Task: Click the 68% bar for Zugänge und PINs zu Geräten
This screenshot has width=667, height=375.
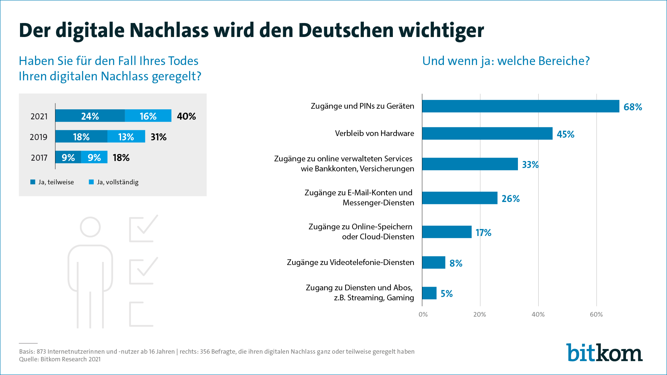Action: coord(520,106)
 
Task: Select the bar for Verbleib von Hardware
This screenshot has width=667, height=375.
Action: coord(487,133)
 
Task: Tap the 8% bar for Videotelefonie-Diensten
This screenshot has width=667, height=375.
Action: coord(434,262)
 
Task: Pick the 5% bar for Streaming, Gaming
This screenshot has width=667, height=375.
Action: coord(429,293)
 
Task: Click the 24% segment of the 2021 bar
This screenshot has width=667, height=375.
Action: coord(90,116)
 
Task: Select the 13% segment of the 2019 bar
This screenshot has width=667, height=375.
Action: coord(126,136)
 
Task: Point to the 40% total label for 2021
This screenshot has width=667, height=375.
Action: coord(186,116)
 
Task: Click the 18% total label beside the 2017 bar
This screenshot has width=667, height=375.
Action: coord(121,158)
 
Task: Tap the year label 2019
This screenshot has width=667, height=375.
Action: coord(39,137)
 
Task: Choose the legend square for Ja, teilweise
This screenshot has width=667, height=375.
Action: coord(33,182)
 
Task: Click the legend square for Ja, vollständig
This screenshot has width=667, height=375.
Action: coord(91,182)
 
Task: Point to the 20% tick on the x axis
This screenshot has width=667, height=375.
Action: coord(480,314)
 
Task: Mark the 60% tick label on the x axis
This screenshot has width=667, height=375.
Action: coord(596,314)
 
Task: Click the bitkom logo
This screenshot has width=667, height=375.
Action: coord(604,353)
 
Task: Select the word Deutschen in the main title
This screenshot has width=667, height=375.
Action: coord(346,30)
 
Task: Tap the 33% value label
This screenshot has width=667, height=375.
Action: coord(530,165)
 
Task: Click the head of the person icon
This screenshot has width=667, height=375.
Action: coord(90,227)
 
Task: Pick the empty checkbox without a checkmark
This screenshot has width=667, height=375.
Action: coord(141,314)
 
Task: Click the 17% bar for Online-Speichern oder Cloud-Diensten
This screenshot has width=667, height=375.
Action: coord(447,232)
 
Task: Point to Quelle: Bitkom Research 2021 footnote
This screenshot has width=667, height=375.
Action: coord(60,359)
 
